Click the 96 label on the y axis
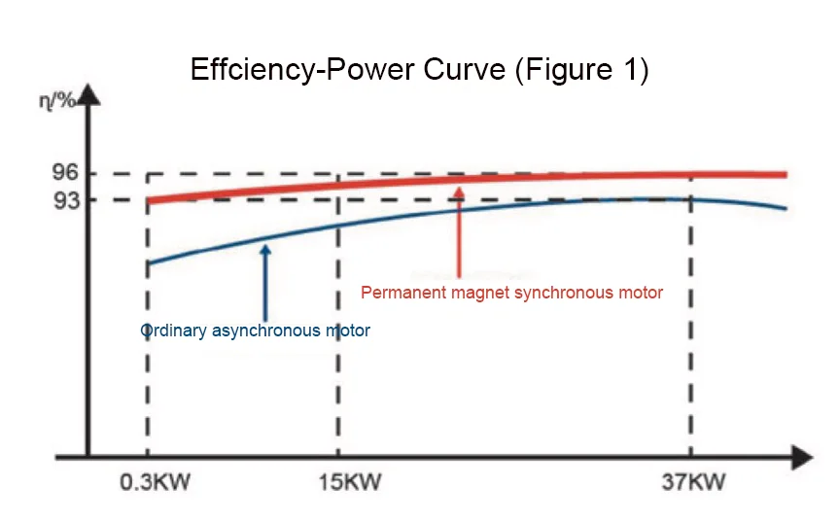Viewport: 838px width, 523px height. point(65,174)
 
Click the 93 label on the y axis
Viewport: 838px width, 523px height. point(65,200)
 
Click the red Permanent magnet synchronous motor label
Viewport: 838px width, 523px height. point(511,292)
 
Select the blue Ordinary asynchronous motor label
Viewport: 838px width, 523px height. point(256,331)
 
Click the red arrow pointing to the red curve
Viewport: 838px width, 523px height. point(459,233)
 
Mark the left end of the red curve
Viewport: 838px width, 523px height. point(148,201)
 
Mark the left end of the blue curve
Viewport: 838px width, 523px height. point(148,262)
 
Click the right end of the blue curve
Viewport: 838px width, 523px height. point(786,209)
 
